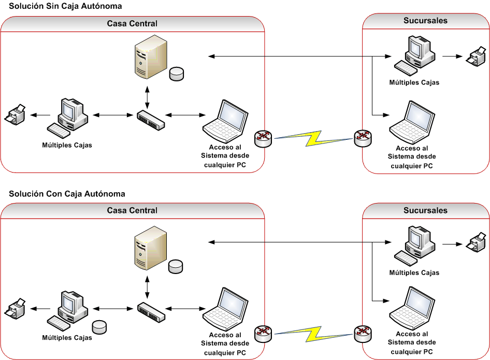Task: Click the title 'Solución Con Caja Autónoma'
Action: click(67, 194)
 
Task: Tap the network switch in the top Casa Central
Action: click(151, 120)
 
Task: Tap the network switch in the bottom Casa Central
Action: click(151, 310)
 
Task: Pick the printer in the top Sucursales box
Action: click(475, 56)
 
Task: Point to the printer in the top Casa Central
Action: click(16, 114)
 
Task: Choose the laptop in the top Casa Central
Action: click(223, 118)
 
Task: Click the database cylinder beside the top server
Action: click(177, 74)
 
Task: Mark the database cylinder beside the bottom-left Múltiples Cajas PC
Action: click(99, 327)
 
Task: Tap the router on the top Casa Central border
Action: click(263, 138)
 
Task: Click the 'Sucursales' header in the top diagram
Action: click(425, 21)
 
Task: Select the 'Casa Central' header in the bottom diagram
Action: click(132, 211)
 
